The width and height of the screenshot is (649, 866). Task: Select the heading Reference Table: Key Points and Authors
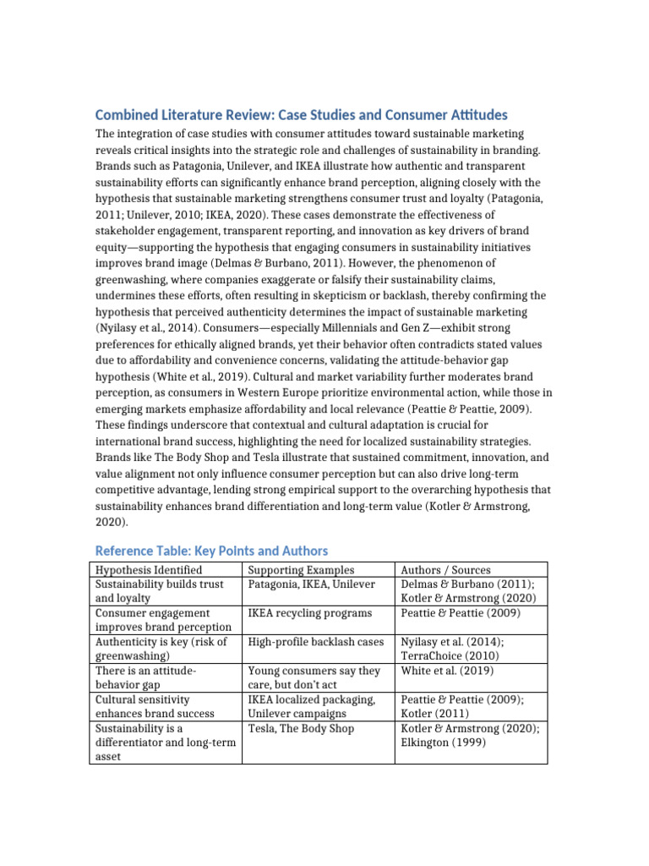(x=211, y=551)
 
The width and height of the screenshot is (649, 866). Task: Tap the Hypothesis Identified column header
(x=149, y=570)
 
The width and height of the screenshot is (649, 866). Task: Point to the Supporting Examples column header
(x=301, y=570)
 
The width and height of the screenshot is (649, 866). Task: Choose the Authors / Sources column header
(x=447, y=570)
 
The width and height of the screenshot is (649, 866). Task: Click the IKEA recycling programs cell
(x=310, y=612)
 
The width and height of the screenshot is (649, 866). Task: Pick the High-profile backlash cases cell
(x=316, y=642)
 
